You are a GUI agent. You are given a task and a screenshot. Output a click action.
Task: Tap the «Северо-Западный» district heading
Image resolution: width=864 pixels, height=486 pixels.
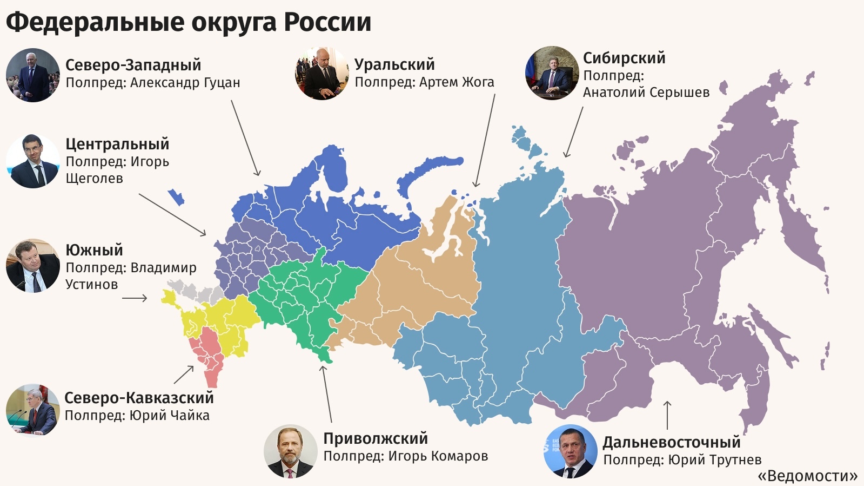pos(133,65)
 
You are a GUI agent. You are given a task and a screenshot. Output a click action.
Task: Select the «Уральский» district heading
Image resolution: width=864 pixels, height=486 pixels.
pos(394,64)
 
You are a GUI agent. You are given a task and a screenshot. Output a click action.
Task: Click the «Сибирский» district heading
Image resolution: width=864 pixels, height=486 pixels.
pos(624,58)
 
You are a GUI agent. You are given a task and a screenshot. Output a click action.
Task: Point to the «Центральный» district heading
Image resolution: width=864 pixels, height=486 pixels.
pos(117,144)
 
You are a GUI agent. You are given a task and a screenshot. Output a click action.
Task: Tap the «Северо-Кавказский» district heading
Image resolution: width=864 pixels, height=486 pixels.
pos(139,398)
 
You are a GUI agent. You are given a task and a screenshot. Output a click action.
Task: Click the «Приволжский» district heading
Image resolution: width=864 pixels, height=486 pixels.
pos(376,438)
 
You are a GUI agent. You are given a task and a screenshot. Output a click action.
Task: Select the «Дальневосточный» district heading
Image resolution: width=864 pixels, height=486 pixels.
pos(672,442)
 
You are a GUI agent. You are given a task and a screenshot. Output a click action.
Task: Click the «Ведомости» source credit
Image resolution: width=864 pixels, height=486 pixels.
pos(807,476)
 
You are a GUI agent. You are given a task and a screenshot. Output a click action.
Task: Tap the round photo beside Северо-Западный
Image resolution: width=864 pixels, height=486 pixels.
pos(32,75)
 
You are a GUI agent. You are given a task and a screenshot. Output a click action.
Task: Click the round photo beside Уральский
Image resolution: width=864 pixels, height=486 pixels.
pos(322,74)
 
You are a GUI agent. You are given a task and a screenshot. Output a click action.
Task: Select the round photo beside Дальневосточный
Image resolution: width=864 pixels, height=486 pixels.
pos(570,451)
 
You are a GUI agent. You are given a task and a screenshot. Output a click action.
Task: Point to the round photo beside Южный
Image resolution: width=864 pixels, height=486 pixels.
pos(32,266)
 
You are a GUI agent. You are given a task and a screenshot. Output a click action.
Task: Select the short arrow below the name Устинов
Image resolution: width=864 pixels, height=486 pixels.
pos(135,298)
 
